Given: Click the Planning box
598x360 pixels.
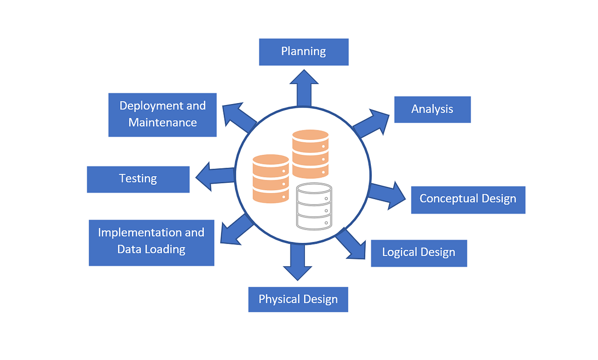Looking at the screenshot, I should click(303, 52).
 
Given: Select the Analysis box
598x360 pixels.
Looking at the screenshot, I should click(432, 109).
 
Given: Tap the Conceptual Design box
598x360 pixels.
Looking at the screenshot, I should click(468, 199).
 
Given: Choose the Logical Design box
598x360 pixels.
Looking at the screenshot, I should click(419, 252).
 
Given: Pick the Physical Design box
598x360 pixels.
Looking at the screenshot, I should click(298, 300).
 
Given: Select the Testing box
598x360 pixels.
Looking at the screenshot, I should click(138, 179).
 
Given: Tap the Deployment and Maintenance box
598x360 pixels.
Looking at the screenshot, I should click(162, 115).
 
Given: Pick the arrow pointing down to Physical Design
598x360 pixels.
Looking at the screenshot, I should click(297, 261).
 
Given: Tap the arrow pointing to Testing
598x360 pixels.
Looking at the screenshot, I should click(215, 176).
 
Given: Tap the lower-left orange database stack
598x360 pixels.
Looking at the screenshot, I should click(271, 178).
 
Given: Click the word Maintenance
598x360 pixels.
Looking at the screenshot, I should click(162, 122).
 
